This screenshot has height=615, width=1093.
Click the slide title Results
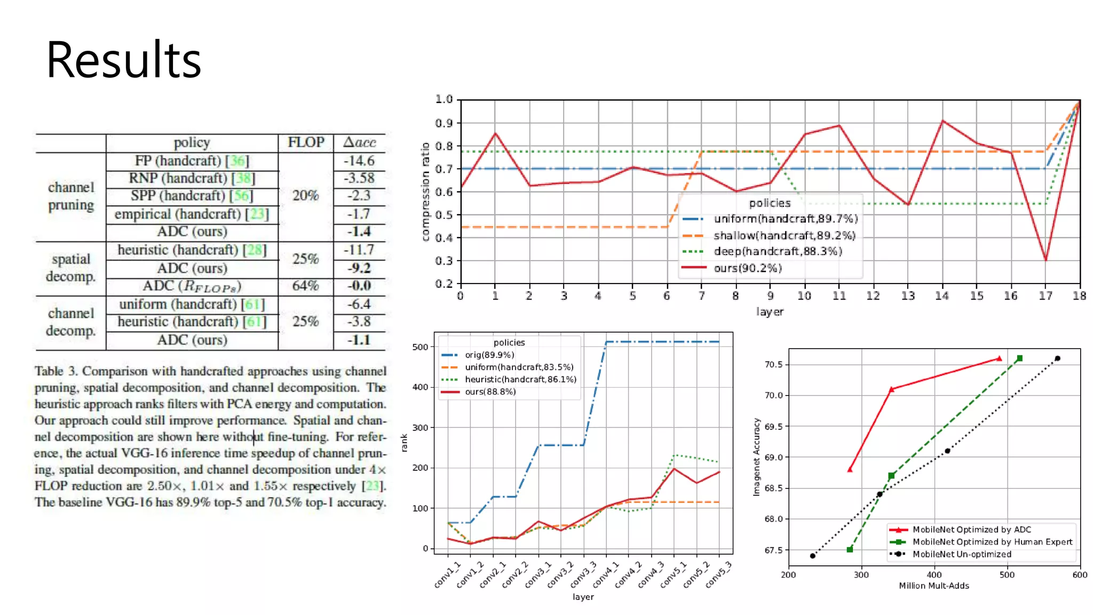tap(124, 60)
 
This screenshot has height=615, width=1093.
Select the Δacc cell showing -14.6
tap(359, 161)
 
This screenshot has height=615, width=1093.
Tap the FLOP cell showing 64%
tap(305, 286)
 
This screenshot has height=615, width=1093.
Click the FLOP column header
tap(306, 143)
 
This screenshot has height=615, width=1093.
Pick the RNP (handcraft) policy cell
tap(192, 178)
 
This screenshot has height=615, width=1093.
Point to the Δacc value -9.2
tap(359, 268)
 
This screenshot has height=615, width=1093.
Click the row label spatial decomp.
tap(70, 268)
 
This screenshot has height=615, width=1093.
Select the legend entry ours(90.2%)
tap(747, 268)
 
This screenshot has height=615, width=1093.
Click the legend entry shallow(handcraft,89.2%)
tap(784, 235)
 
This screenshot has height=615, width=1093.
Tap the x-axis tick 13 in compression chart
tap(908, 296)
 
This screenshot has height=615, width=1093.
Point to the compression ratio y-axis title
tap(425, 192)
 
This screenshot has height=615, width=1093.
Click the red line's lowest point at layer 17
tap(1046, 260)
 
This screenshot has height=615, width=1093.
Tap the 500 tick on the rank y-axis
tap(420, 347)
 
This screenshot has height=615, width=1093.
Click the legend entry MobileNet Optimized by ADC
tap(971, 530)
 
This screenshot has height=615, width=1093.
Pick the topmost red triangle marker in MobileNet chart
tap(999, 358)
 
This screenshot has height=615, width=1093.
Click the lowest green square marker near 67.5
tap(850, 549)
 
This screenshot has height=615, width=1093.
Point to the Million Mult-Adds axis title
tap(934, 586)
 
